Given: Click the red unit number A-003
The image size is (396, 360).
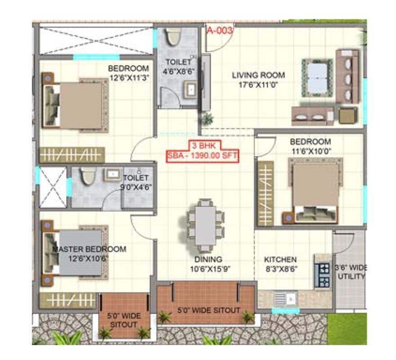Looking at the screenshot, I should (220, 31).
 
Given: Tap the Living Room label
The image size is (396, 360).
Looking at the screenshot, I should (258, 75).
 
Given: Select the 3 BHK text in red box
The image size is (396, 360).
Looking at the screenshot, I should (202, 147).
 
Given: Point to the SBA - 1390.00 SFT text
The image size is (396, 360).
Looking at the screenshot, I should (202, 156).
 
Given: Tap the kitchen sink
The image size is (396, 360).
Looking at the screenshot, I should (284, 298).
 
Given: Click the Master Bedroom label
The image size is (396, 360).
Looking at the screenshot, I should (89, 249).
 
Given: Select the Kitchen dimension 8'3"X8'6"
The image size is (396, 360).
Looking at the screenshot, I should (280, 269).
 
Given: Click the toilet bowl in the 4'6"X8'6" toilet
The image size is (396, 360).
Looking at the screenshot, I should (173, 37).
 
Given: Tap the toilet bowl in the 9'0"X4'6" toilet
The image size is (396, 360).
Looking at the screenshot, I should (88, 177).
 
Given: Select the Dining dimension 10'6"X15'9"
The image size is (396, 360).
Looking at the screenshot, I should (208, 269).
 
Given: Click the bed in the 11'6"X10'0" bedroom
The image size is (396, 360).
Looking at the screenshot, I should (316, 189).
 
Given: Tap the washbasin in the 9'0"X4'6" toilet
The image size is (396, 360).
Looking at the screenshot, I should (112, 175).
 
